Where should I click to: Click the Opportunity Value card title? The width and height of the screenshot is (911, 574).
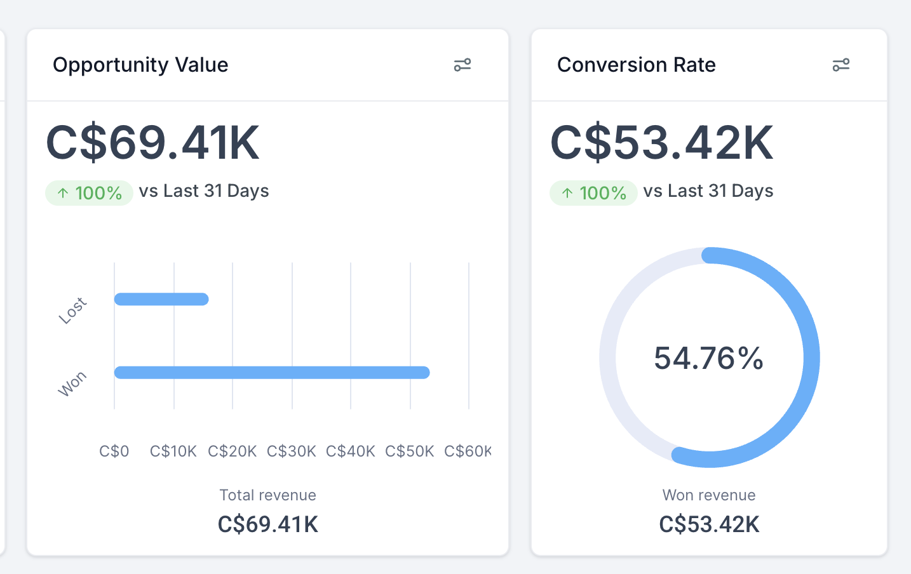pyautogui.click(x=140, y=65)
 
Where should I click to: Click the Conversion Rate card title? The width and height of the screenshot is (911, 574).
pyautogui.click(x=636, y=65)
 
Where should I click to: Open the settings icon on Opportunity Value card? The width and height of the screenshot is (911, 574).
pyautogui.click(x=462, y=65)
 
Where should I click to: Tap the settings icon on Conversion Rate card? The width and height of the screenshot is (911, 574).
pyautogui.click(x=840, y=65)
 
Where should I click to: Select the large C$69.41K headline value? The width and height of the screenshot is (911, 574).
pyautogui.click(x=152, y=142)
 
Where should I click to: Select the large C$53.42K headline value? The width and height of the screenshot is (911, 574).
pyautogui.click(x=661, y=142)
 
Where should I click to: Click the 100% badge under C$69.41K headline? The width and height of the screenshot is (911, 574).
pyautogui.click(x=89, y=193)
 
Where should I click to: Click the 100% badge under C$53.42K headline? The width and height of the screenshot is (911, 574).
pyautogui.click(x=593, y=193)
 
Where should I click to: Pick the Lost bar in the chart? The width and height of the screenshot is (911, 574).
pyautogui.click(x=161, y=299)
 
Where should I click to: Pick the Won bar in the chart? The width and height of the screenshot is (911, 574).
pyautogui.click(x=272, y=373)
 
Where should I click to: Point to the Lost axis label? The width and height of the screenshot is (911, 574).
pyautogui.click(x=72, y=310)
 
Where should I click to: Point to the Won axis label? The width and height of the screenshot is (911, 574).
pyautogui.click(x=72, y=384)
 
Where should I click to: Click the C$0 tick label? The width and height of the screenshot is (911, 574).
pyautogui.click(x=114, y=451)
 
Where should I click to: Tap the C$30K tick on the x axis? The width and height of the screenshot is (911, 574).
pyautogui.click(x=291, y=451)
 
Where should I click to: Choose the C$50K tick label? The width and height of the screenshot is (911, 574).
pyautogui.click(x=409, y=451)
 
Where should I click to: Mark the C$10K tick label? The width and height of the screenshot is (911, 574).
pyautogui.click(x=173, y=451)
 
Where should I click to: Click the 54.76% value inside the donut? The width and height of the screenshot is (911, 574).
pyautogui.click(x=709, y=358)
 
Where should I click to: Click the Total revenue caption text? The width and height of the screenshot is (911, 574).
pyautogui.click(x=267, y=495)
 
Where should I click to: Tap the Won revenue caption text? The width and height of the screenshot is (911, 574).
pyautogui.click(x=709, y=495)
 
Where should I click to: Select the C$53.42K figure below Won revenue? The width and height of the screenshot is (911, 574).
pyautogui.click(x=709, y=524)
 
